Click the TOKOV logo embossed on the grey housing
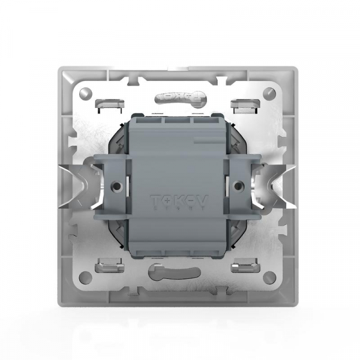[x=180, y=202]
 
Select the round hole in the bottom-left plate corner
[x=86, y=277]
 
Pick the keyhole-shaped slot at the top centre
[x=179, y=96]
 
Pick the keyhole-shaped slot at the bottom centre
[x=179, y=273]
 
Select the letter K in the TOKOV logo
[x=180, y=201]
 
